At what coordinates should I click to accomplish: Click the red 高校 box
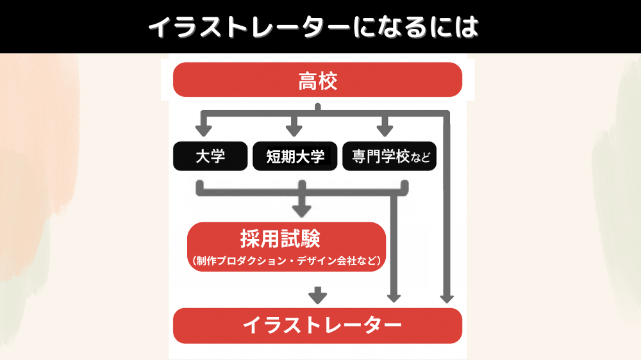(x=318, y=79)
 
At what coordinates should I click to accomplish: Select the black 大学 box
(x=210, y=156)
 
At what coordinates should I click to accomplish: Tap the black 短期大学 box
(x=295, y=156)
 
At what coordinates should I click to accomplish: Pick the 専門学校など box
(x=389, y=156)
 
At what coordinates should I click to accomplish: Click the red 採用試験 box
(x=286, y=247)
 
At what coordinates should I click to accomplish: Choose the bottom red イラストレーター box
(x=318, y=325)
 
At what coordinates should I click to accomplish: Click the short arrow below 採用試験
(x=318, y=295)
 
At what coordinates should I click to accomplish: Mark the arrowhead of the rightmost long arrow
(x=447, y=299)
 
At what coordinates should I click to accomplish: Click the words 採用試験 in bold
(x=280, y=239)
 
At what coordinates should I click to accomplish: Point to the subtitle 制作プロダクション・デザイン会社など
(x=286, y=261)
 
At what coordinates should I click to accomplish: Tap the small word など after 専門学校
(x=420, y=158)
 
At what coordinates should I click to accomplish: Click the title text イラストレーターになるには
(x=313, y=27)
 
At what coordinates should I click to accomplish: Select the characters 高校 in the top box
(x=318, y=81)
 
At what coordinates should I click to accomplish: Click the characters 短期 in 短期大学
(x=281, y=156)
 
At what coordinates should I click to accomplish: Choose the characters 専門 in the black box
(x=367, y=156)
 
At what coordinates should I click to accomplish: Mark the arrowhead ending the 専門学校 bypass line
(x=394, y=299)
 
